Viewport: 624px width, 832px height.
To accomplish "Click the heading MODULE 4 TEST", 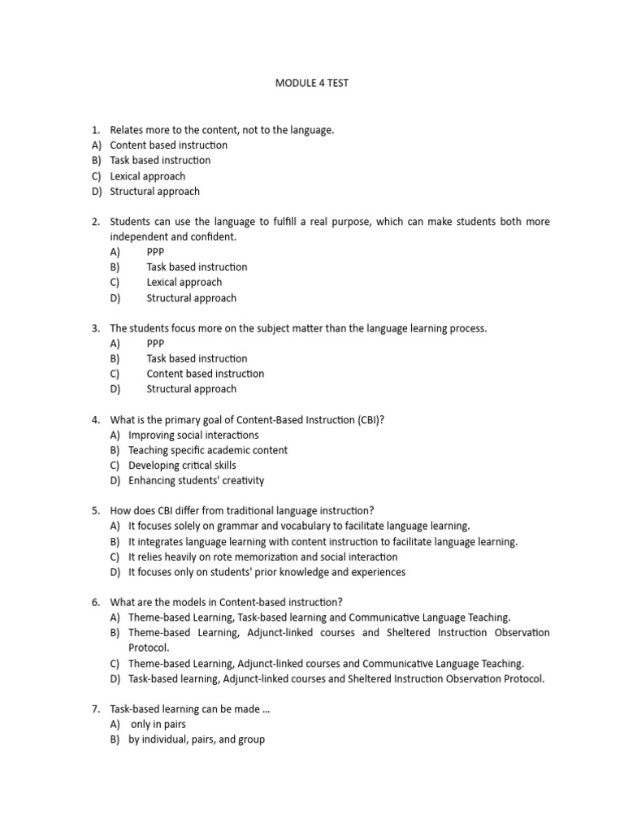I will click(x=312, y=83).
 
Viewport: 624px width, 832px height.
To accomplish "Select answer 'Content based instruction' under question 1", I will click(x=168, y=145).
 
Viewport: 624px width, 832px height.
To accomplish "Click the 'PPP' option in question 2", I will click(x=155, y=252).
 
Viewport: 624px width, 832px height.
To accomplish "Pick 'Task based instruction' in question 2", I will click(x=197, y=266).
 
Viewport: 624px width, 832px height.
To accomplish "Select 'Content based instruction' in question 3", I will click(x=205, y=374).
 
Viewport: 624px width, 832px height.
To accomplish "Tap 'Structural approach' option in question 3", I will click(x=191, y=388).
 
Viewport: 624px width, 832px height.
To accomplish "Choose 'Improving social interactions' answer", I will click(x=193, y=435).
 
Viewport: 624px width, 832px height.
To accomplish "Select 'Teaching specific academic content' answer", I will click(x=207, y=450).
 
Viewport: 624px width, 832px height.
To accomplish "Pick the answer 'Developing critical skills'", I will click(x=182, y=466).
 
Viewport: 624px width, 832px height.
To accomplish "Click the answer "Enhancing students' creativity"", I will click(x=196, y=480).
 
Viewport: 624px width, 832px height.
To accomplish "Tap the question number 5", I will click(x=95, y=511).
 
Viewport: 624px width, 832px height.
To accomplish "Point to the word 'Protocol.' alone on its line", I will click(x=149, y=648).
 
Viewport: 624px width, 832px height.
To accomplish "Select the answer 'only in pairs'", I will click(x=158, y=724).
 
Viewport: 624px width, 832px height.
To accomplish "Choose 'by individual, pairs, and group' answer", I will click(x=196, y=739).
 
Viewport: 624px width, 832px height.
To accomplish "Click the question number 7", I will click(x=95, y=709).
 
